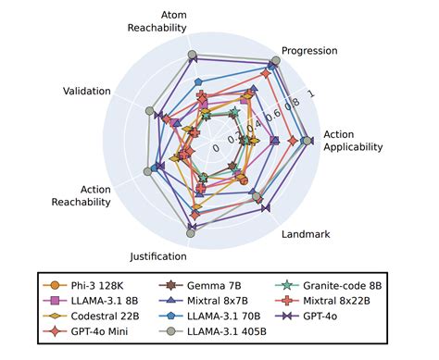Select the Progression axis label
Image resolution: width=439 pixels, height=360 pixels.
(309, 50)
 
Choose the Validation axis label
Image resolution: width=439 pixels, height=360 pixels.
(87, 91)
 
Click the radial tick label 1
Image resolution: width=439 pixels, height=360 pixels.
(309, 93)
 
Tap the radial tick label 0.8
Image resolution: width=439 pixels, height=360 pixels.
(291, 105)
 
